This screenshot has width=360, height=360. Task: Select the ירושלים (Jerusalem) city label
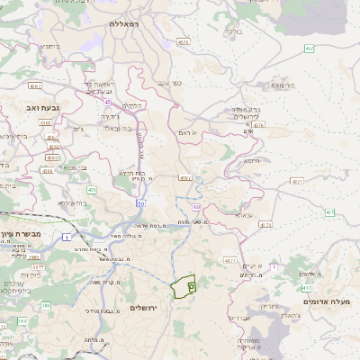[143, 308]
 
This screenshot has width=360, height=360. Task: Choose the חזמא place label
[249, 159]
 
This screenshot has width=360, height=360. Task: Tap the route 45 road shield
[107, 101]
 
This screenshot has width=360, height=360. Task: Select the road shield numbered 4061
[36, 86]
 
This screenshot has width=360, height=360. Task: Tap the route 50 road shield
[141, 203]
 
